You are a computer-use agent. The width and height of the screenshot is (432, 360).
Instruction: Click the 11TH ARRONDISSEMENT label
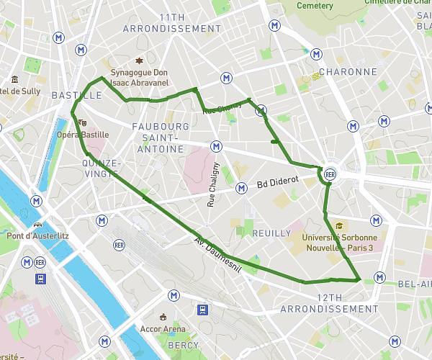coord(172,23)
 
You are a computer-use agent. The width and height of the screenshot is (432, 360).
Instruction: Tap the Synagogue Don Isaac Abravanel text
coord(140,78)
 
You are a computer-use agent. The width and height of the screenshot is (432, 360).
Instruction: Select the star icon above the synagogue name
coord(140,60)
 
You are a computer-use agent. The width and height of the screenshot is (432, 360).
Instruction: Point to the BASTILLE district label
coord(76,95)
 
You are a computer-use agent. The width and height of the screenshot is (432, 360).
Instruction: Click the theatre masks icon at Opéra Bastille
coord(84,123)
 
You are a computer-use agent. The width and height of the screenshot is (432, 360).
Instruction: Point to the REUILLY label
coord(271,233)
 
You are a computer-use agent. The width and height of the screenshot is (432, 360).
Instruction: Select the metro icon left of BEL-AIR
coord(379,274)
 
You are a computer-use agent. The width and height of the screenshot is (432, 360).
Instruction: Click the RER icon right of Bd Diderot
coord(330,174)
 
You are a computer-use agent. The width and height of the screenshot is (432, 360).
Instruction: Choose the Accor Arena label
coord(163,329)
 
